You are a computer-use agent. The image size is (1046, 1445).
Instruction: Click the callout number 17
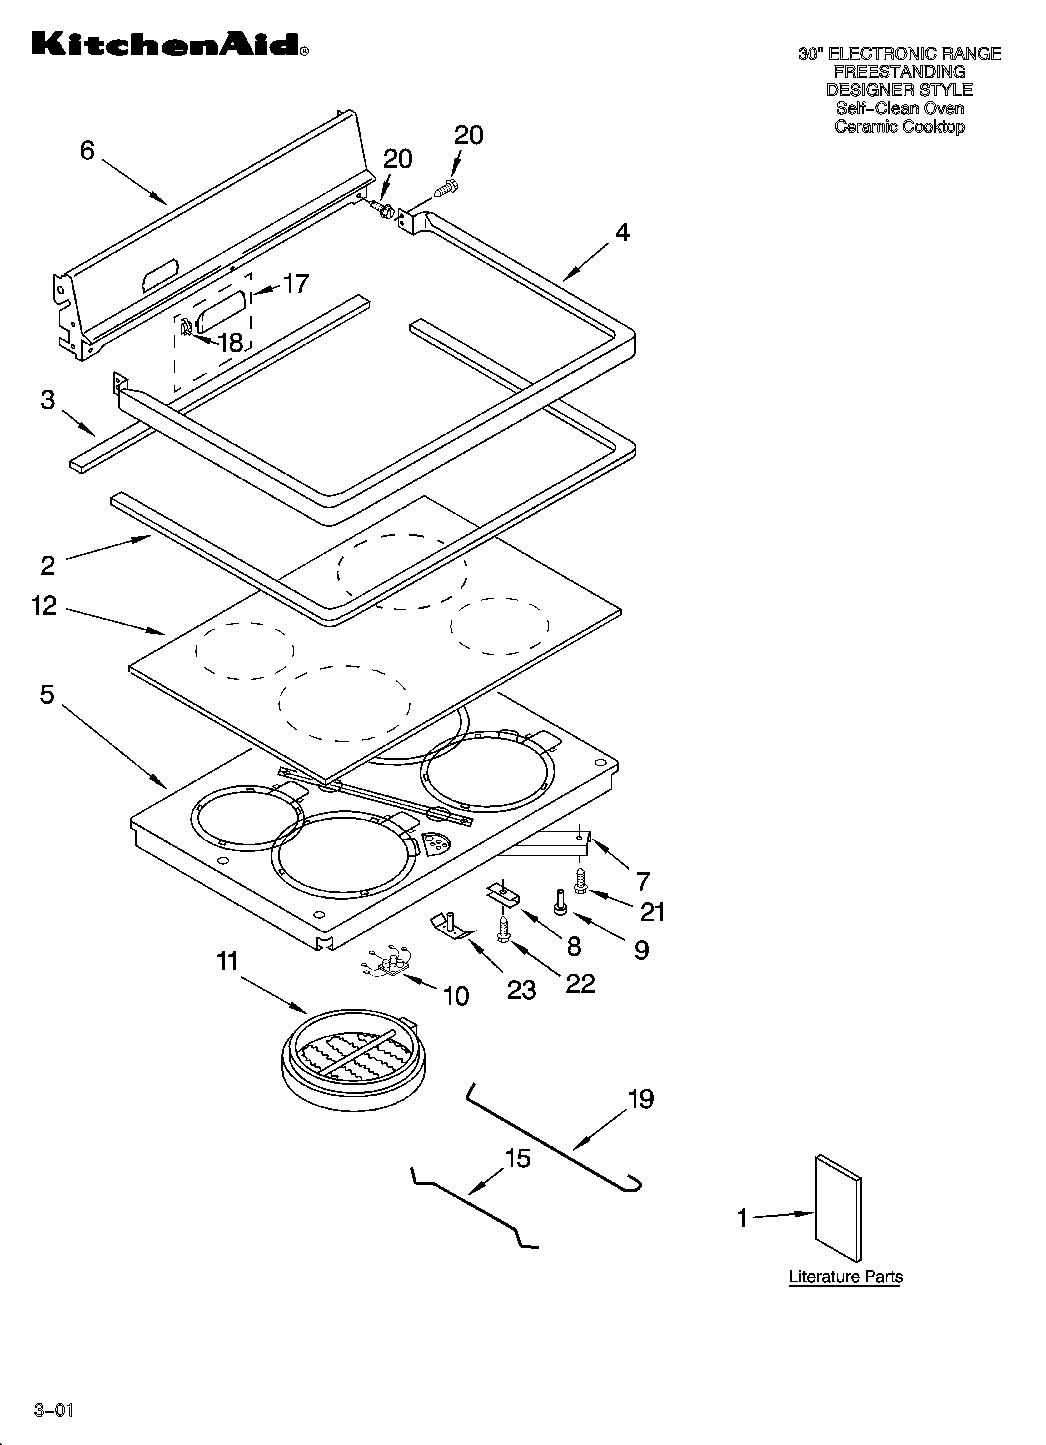pyautogui.click(x=296, y=283)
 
